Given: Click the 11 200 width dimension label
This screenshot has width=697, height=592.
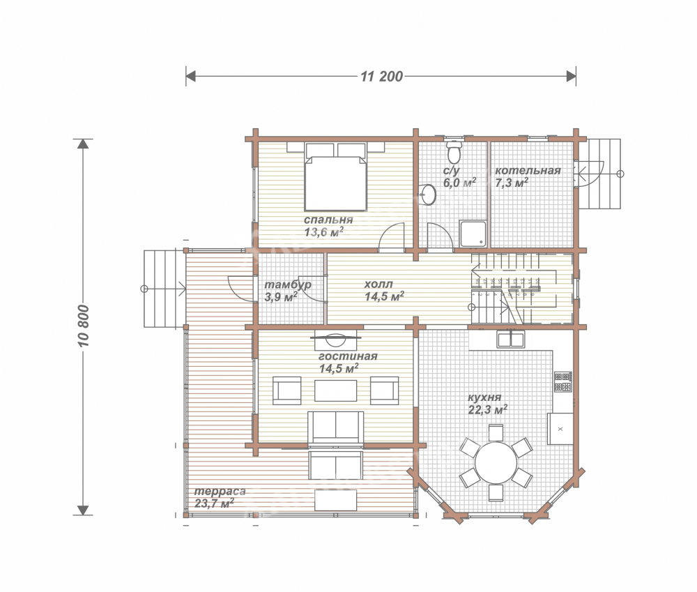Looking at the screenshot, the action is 381,77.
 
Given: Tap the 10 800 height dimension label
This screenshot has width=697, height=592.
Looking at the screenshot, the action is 83,326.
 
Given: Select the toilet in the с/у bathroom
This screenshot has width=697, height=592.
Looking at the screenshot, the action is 454,152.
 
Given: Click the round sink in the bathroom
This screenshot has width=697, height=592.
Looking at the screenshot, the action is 428,195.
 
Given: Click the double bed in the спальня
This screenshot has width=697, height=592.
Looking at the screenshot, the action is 336,176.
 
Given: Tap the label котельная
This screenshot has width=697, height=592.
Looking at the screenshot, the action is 528,171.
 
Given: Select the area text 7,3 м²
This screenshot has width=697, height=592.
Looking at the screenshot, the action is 512,183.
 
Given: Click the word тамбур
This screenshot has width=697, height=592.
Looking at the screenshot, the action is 288,284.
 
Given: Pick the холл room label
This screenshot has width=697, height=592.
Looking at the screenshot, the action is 378,284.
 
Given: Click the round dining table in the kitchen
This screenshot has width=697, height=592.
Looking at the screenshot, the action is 496,462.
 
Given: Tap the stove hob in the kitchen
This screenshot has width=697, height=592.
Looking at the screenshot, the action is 562,381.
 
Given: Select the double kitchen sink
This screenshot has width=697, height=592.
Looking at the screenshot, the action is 510,340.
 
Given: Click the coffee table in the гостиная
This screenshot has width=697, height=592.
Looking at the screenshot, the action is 336,390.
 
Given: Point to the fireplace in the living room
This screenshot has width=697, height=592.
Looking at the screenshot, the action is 336,339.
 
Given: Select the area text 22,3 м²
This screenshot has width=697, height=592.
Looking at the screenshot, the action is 488,409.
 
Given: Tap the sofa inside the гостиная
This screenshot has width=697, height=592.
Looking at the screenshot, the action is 336,427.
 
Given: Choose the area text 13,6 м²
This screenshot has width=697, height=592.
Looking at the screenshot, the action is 323,232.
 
